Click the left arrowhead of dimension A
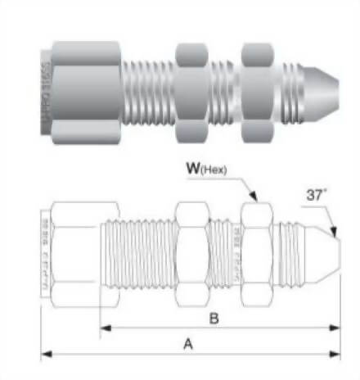45,355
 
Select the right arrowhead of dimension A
338,355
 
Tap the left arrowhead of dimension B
104,328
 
